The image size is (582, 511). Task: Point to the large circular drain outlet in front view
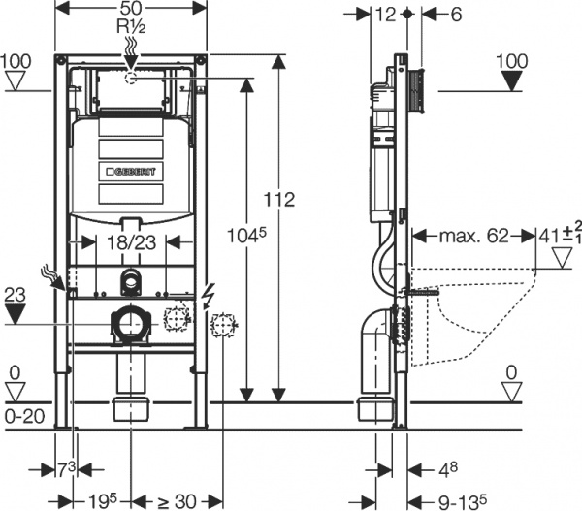click(130, 323)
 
